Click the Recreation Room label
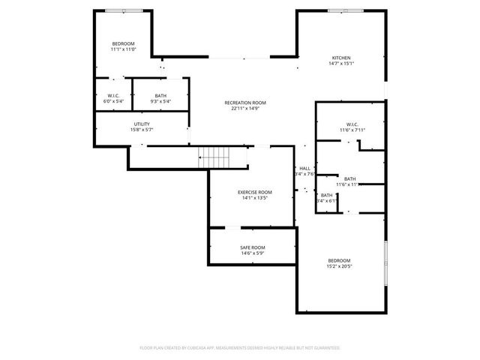244,103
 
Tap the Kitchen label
341,58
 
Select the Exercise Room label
254,193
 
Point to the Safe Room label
252,247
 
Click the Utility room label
142,124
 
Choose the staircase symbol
214,157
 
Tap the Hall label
304,168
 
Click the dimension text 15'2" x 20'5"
339,266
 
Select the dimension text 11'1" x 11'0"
123,49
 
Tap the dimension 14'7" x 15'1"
341,63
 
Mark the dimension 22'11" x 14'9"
244,108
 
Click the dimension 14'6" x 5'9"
252,253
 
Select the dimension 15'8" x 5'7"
142,129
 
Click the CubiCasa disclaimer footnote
240,348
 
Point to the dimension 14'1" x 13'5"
254,198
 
